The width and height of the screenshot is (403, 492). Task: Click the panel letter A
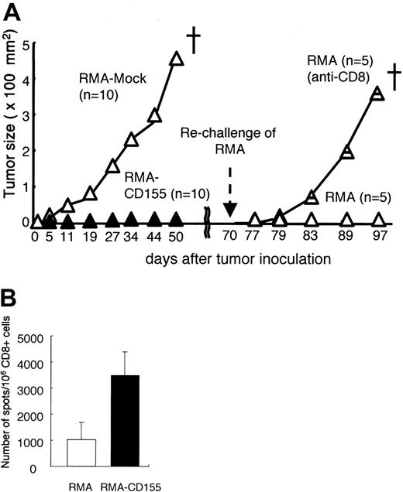(x=11, y=11)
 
